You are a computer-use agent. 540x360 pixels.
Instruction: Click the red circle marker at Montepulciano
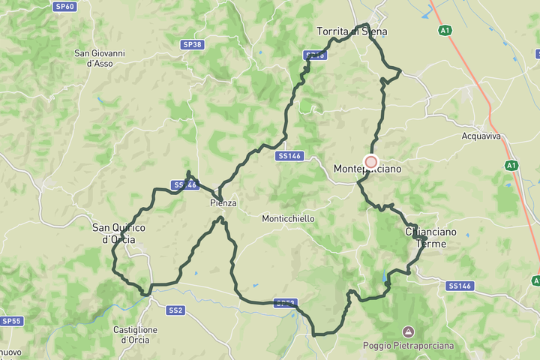point(370,162)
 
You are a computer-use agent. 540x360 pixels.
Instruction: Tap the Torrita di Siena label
point(352,31)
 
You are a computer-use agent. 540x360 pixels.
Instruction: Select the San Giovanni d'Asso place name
point(100,58)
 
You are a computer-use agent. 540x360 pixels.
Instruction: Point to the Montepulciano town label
point(367,169)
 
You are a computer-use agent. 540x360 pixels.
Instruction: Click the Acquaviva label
point(481,136)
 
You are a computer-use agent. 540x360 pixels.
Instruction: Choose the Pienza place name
point(223,203)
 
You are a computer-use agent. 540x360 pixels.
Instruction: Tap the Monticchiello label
point(288,219)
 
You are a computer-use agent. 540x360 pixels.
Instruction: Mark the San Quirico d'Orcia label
point(118,233)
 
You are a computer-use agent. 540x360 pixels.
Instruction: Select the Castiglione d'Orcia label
point(135,334)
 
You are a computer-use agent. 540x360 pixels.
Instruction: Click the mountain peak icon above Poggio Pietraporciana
point(408,331)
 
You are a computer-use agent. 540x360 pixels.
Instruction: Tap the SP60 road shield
point(65,7)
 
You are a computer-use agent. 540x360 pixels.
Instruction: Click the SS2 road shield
point(175,310)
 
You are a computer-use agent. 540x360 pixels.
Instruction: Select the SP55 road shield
point(11,321)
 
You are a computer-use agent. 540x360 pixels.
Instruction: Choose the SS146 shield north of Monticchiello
point(289,156)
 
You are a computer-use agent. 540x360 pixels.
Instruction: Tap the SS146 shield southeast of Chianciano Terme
point(460,286)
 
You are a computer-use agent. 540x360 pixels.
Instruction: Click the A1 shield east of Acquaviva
point(511,165)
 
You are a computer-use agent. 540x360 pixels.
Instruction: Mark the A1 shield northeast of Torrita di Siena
point(445,30)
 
